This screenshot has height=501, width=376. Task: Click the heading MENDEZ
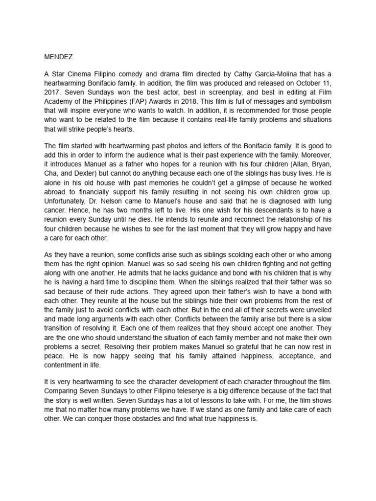[58, 57]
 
